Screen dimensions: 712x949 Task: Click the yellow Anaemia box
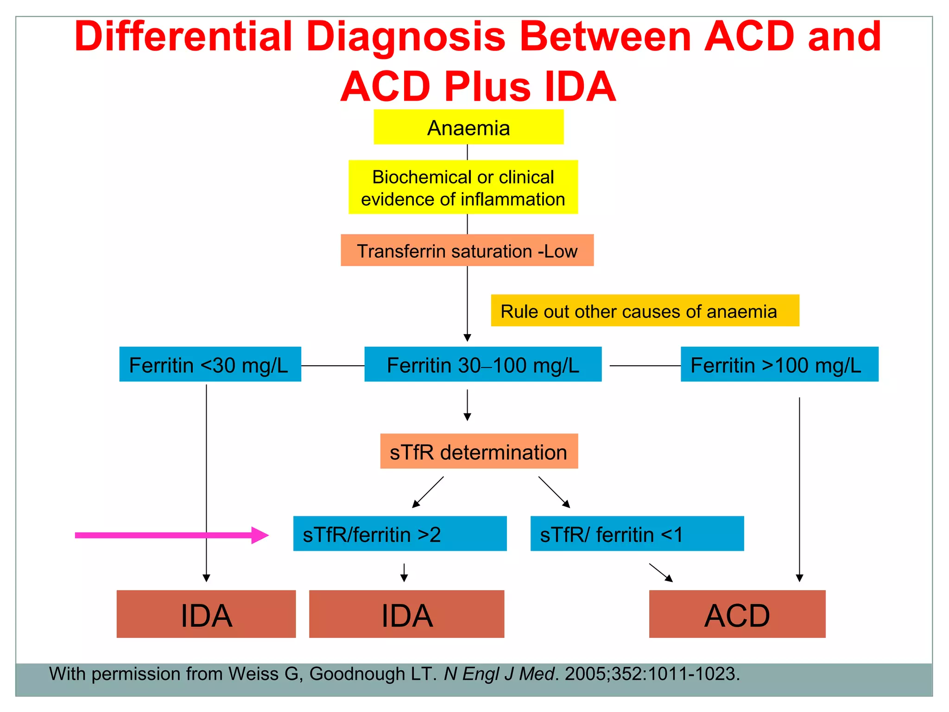(468, 127)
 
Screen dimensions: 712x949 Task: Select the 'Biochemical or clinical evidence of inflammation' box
(463, 187)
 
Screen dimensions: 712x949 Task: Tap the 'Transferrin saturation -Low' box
(467, 250)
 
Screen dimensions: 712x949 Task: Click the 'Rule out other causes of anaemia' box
(645, 311)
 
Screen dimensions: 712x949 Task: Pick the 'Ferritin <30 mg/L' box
(210, 364)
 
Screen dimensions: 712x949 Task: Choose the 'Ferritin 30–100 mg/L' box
(483, 364)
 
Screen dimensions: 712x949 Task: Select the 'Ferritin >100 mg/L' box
(779, 364)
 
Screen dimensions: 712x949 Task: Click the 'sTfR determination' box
(479, 451)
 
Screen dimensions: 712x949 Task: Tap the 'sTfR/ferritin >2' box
(399, 534)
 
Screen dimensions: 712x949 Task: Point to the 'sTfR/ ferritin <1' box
(637, 534)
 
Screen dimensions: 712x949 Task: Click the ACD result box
(737, 614)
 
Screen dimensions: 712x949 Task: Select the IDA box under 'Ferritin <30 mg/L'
(206, 614)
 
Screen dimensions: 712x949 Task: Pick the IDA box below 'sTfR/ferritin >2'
(406, 614)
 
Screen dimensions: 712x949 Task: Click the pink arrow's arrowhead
(260, 535)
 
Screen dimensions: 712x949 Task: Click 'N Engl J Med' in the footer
(499, 674)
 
